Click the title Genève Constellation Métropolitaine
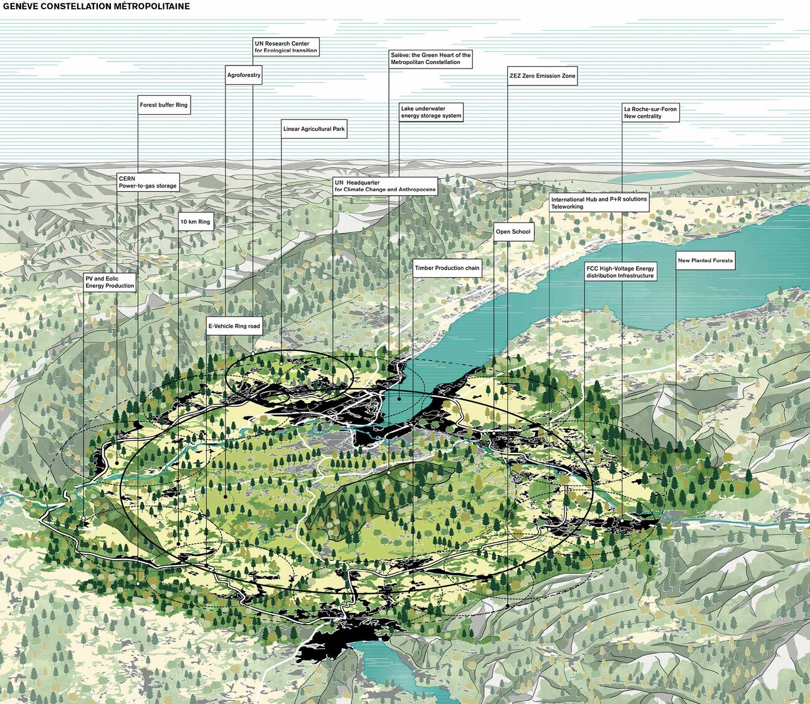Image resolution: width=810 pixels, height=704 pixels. coord(96,6)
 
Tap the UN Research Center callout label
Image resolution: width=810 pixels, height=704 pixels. coord(286,47)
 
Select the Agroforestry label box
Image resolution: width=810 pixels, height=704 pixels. coord(244,75)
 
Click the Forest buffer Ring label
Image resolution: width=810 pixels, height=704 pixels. coord(163,105)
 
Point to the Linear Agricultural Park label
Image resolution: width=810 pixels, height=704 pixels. coord(314,130)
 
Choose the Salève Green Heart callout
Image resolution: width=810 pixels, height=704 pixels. coord(431,59)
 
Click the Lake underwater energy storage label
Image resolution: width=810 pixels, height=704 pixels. coord(431,112)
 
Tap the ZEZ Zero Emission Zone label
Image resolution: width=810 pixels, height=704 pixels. coord(542,76)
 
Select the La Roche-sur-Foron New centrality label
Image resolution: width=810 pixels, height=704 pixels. coord(650,113)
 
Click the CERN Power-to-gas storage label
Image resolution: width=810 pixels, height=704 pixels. coord(148,183)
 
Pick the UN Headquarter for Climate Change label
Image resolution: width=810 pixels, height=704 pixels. coord(384,186)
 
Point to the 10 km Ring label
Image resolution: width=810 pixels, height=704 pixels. coord(196,222)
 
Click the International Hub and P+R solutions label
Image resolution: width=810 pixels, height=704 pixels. coord(599,203)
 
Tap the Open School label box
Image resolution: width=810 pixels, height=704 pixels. coord(513,232)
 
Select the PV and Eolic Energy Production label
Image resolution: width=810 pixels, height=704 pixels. coord(110,282)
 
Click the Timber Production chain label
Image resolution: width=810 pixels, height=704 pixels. coord(447,269)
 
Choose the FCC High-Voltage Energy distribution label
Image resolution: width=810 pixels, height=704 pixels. coord(620,272)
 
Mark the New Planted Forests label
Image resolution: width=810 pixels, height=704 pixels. coord(705,261)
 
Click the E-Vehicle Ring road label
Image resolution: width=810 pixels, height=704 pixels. coord(234,326)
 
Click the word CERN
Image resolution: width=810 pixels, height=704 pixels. coord(127,179)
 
